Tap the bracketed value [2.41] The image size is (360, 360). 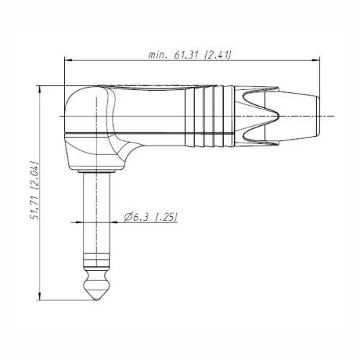click(x=217, y=55)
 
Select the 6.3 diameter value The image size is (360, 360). click(x=141, y=217)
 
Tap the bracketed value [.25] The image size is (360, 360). click(x=166, y=217)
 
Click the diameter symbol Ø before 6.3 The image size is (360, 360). click(x=127, y=217)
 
